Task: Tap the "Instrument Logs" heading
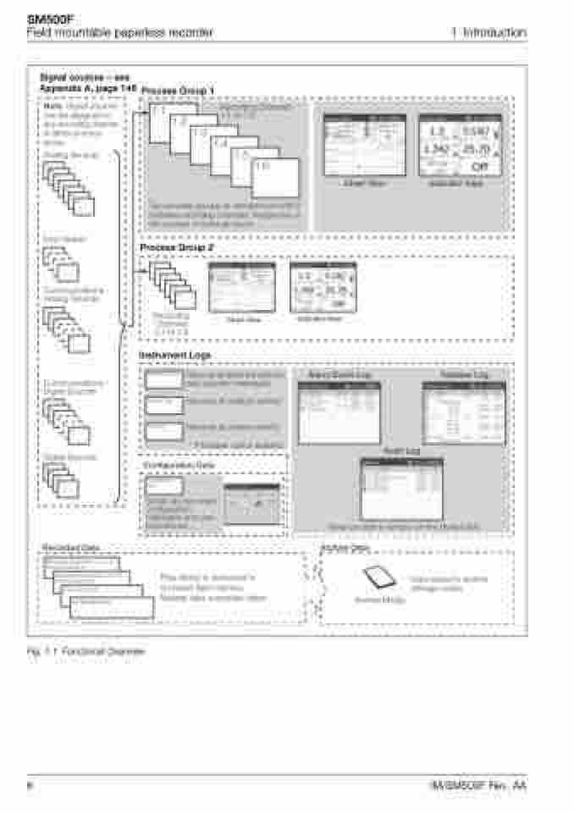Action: click(x=174, y=356)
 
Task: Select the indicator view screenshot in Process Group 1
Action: click(x=459, y=145)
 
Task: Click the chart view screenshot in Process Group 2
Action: click(x=241, y=288)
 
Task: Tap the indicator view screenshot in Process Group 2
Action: click(x=323, y=287)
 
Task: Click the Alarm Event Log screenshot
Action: click(x=339, y=412)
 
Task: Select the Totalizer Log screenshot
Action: click(x=463, y=412)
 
